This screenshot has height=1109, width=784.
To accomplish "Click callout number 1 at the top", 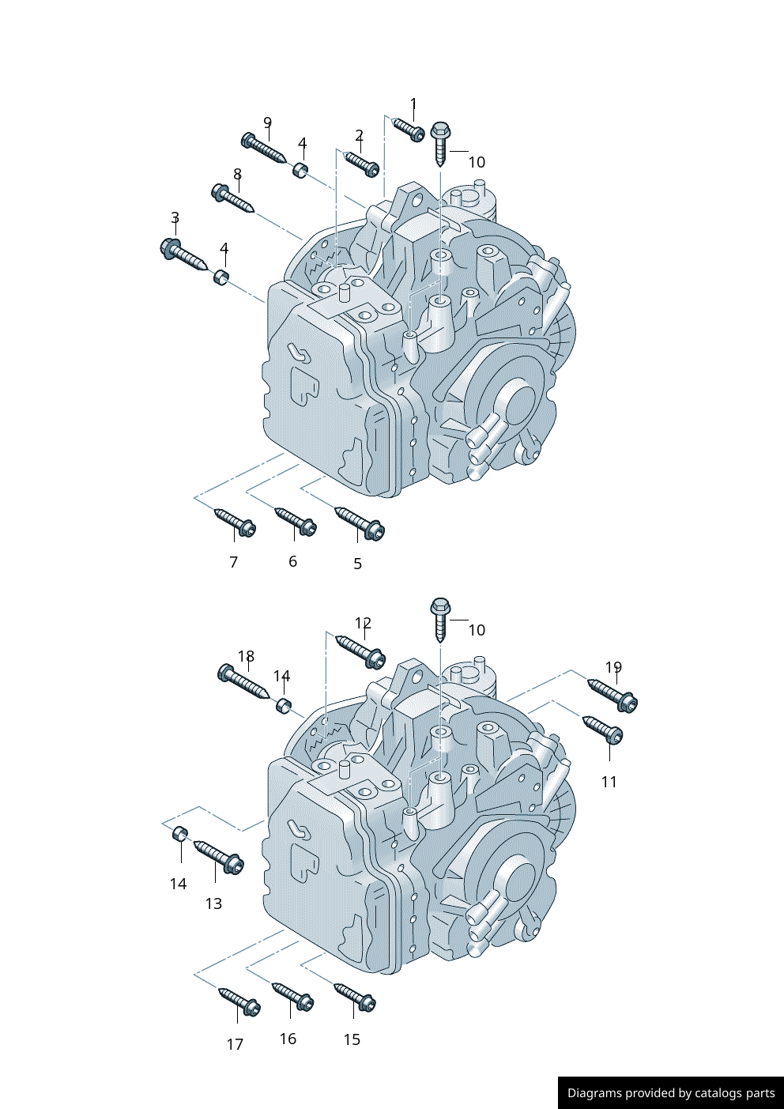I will point(413,104).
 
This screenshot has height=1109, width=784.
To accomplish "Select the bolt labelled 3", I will point(183,254).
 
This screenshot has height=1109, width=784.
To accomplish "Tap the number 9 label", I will point(268,123).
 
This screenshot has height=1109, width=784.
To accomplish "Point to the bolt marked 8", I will point(232,198).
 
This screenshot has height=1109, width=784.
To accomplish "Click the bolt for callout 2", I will point(362,163).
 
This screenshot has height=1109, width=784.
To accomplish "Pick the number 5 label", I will point(357,564).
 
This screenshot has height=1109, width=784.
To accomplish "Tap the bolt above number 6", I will point(296,521).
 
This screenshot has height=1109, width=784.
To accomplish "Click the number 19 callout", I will point(613,668).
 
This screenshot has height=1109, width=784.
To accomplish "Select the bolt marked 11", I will point(604,729).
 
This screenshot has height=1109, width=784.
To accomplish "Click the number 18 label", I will point(246,657).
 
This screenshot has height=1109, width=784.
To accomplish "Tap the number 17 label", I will point(235,1044).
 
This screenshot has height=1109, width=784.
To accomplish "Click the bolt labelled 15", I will point(355,996).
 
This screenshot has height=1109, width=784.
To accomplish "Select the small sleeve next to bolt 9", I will point(300,169).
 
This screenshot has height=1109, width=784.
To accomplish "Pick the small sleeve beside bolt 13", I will point(180,833).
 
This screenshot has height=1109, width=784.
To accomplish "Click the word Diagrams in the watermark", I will point(594,1093).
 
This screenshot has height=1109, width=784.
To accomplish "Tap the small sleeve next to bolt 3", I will point(221,277).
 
